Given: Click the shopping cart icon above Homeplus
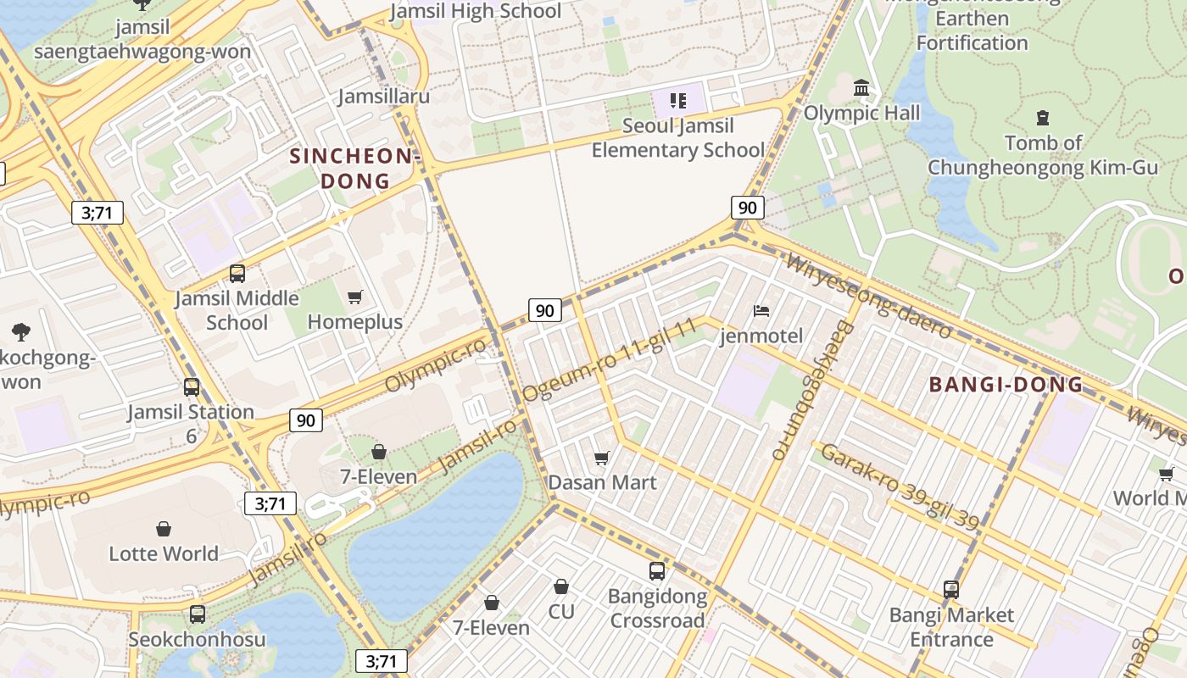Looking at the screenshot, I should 355,297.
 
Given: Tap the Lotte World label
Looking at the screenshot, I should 164,553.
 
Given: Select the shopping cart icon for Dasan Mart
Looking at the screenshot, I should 602,458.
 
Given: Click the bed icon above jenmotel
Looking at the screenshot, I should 761,311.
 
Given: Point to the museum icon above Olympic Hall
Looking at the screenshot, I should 862,87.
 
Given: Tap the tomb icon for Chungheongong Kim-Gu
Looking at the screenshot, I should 1043,118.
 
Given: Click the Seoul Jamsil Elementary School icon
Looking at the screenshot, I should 677,102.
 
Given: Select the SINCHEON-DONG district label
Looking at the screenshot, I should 355,168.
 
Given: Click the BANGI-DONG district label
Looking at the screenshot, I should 1006,385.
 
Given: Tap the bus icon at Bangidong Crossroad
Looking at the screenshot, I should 657,570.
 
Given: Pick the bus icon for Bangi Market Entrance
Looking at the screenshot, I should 951,589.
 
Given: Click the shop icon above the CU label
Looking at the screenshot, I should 561,586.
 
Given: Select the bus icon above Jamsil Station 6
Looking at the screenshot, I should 192,387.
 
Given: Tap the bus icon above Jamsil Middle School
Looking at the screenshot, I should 237,274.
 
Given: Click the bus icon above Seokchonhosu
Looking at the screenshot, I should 198,614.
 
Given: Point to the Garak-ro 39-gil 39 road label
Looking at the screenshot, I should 900,486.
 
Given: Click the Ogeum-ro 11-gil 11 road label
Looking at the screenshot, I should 609,359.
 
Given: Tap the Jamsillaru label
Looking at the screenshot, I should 384,96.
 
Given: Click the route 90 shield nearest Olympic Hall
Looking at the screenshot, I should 747,208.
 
